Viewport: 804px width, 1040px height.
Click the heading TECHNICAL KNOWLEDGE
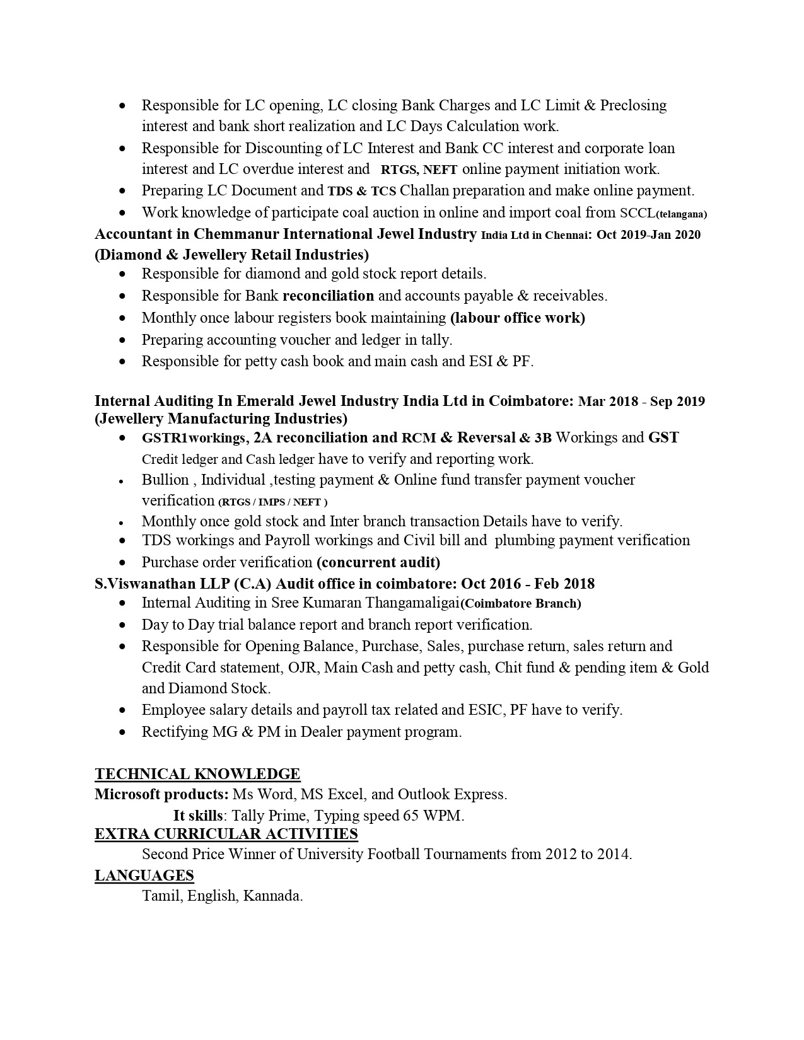[x=197, y=774]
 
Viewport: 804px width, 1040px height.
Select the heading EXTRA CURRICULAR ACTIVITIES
[x=226, y=834]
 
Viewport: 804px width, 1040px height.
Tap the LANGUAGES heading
[x=144, y=875]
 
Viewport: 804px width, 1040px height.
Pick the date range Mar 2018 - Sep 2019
[x=641, y=402]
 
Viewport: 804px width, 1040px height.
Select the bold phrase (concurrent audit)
[x=378, y=562]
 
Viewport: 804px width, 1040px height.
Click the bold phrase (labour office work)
[x=518, y=318]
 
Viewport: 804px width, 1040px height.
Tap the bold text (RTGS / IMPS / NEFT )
[x=273, y=502]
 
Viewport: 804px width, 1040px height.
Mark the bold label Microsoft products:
[x=161, y=794]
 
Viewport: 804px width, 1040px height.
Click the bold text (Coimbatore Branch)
[x=521, y=604]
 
